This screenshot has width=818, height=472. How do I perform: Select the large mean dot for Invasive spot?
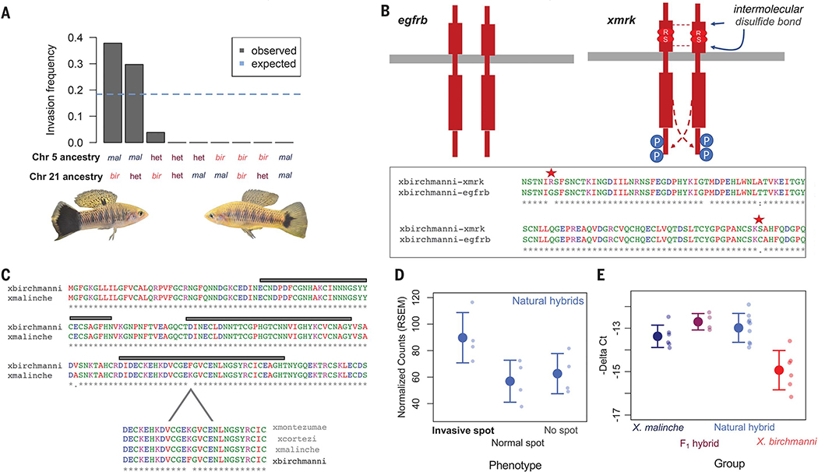[x=463, y=337]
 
